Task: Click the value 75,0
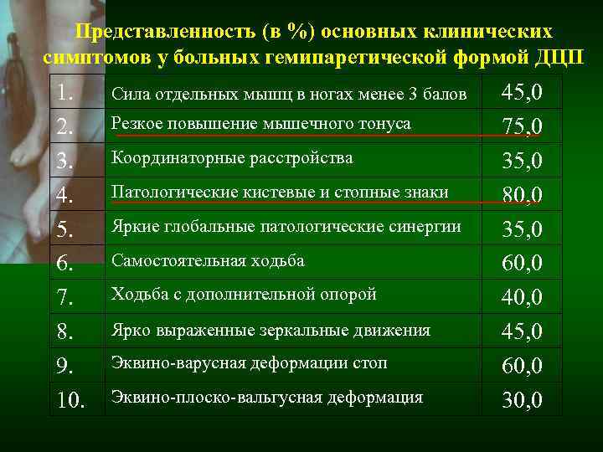pyautogui.click(x=522, y=126)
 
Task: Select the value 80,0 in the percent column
pyautogui.click(x=522, y=195)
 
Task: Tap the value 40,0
pyautogui.click(x=522, y=297)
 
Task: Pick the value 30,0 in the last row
pyautogui.click(x=522, y=399)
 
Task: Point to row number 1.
pyautogui.click(x=65, y=93)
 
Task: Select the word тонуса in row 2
pyautogui.click(x=387, y=124)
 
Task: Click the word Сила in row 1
pyautogui.click(x=128, y=94)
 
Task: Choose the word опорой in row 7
pyautogui.click(x=352, y=294)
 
